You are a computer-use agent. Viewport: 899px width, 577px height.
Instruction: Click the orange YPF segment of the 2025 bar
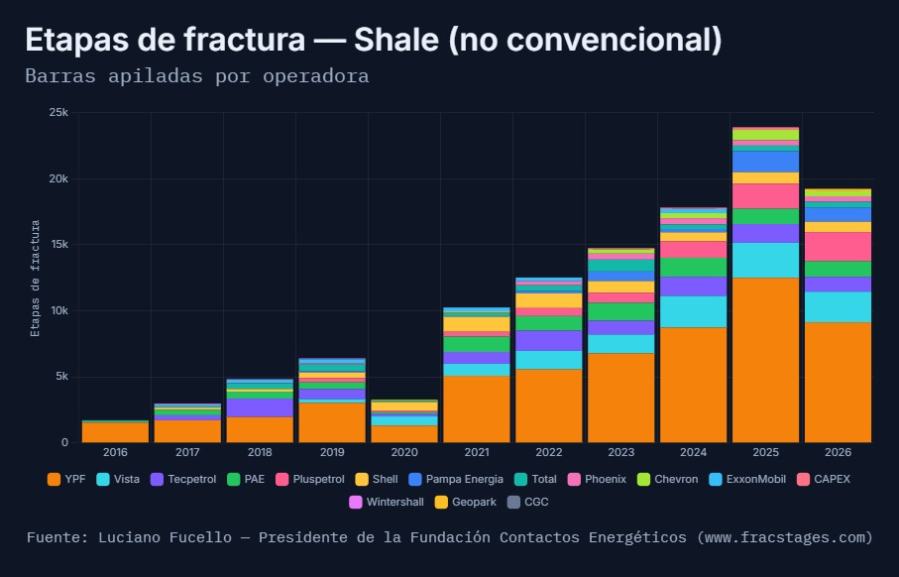pos(765,360)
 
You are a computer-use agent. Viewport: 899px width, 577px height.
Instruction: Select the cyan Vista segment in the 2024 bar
pos(693,312)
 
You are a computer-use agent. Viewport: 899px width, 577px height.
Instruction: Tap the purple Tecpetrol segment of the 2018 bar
pos(260,407)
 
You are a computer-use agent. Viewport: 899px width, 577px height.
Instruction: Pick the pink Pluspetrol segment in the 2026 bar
pos(838,247)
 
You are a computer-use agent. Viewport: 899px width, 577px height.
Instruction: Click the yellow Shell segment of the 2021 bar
pos(477,324)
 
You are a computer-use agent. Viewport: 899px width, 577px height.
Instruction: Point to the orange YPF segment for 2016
pos(115,432)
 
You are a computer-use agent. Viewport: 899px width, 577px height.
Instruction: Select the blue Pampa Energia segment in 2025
pos(765,162)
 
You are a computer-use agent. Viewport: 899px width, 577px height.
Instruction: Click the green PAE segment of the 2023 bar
pos(620,312)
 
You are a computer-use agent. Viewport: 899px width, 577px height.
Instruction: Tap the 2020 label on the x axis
pos(404,452)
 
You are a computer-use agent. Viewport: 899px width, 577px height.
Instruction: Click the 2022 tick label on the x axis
pos(549,452)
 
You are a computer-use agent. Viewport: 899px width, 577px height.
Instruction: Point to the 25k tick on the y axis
pos(58,112)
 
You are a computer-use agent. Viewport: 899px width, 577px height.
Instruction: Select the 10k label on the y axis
pos(58,311)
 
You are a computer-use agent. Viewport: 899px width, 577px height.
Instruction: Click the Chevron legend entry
pos(668,480)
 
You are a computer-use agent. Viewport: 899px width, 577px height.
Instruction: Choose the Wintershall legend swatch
pos(356,502)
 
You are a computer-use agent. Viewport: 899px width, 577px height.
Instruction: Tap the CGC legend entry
pos(528,502)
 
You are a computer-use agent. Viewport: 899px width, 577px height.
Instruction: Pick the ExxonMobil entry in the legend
pos(747,480)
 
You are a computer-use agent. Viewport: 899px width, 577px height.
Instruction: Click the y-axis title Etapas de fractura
pos(36,279)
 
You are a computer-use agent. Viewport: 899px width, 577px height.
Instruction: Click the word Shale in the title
pos(396,40)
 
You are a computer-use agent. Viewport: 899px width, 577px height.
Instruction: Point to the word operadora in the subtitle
pos(316,76)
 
